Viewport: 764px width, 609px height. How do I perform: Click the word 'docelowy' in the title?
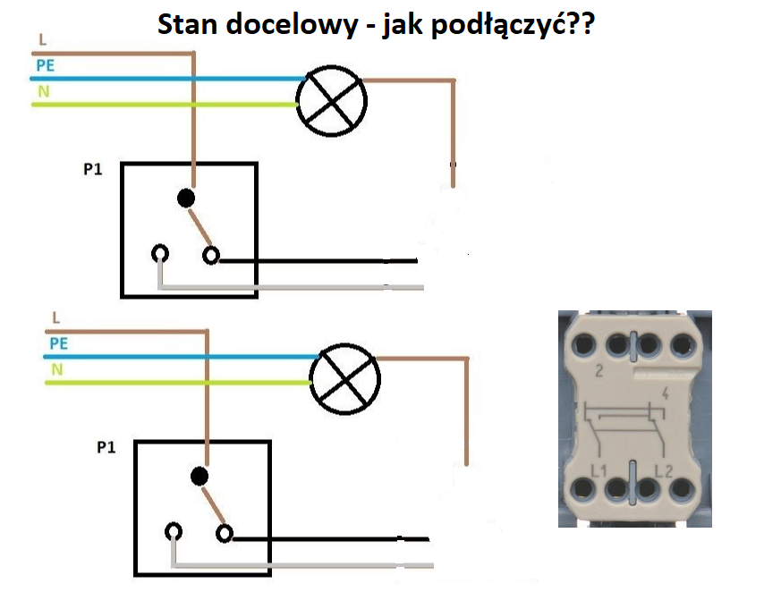pos(292,24)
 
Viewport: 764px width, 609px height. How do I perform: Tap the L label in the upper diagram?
pos(43,40)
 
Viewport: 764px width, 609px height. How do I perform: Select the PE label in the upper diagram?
pos(46,65)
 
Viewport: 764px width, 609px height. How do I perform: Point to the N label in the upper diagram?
pos(44,91)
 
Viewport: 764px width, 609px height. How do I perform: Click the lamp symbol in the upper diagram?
pos(331,101)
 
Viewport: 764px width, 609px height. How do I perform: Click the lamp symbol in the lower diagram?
pos(345,379)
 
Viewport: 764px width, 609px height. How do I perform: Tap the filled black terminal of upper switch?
pos(186,199)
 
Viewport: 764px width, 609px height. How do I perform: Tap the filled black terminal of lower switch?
pos(199,477)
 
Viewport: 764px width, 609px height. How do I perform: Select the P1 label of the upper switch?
pos(92,169)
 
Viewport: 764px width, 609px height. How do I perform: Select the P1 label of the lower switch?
pos(106,447)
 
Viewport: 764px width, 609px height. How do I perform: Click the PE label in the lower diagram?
pos(59,343)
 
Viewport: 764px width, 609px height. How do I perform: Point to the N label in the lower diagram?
pos(57,370)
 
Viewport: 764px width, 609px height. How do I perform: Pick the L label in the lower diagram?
pos(56,318)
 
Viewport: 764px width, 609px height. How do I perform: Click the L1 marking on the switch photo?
pos(598,470)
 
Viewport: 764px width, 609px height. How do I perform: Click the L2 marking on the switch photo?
pos(664,470)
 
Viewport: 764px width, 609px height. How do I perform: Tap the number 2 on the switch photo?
pos(599,371)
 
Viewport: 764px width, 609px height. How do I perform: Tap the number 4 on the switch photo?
pos(665,393)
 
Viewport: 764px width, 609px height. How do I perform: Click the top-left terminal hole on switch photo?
pos(583,345)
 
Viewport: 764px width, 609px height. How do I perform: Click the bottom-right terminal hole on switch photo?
pos(682,488)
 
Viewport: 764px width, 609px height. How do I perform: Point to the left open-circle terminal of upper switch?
pos(160,254)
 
